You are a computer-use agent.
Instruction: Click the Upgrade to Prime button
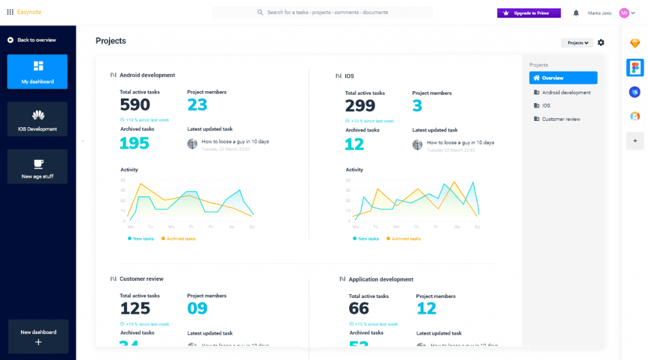pos(528,13)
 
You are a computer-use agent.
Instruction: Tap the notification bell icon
pos(576,13)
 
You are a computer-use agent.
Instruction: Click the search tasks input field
pos(323,12)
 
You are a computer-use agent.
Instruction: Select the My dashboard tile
pos(37,71)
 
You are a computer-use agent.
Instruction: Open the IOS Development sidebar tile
pos(37,119)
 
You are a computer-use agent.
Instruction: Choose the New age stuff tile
pos(37,166)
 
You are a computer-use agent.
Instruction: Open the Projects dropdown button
pos(577,43)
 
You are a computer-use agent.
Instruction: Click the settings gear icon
pos(601,42)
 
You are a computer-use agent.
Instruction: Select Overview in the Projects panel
pos(563,78)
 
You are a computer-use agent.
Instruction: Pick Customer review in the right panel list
pos(561,119)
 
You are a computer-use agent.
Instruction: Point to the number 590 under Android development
pos(135,105)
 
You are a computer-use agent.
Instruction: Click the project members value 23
pos(197,105)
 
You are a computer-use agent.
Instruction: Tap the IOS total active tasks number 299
pos(360,106)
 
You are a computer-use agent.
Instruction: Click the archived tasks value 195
pos(134,143)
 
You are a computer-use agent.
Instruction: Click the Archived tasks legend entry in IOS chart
pos(405,239)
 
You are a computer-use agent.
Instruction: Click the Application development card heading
pos(380,279)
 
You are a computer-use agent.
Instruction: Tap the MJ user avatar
pos(624,13)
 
